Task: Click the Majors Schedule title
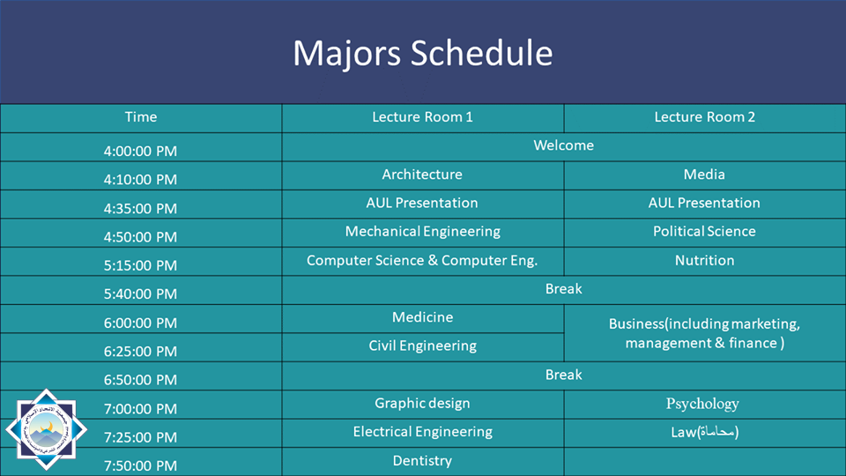click(422, 53)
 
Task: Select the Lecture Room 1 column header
click(422, 117)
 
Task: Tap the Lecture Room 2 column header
click(705, 117)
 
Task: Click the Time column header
click(141, 117)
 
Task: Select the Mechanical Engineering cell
click(422, 232)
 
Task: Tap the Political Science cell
click(704, 232)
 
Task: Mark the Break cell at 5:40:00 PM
click(563, 289)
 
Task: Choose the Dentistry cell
click(422, 461)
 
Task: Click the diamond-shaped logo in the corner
click(46, 429)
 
